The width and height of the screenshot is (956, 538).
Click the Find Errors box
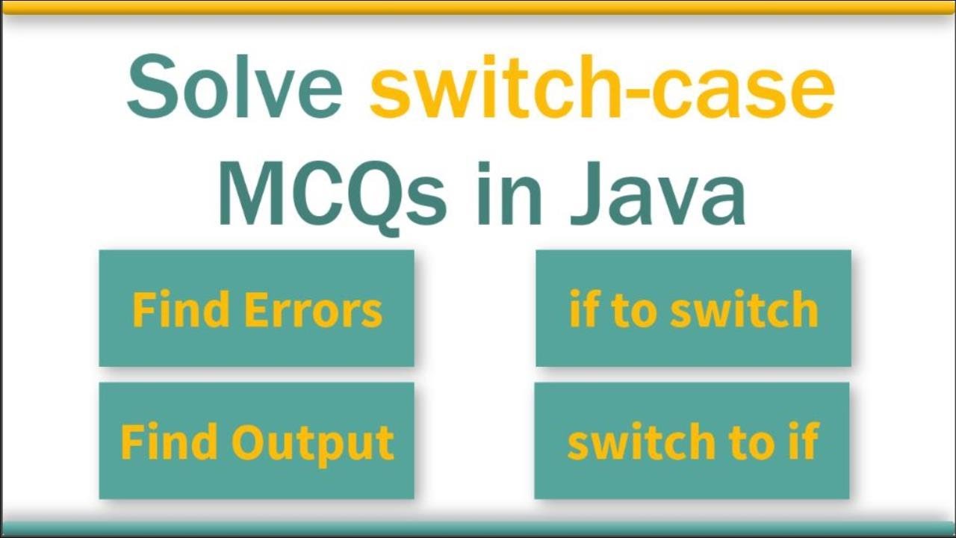point(256,308)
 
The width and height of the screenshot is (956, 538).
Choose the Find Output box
point(256,440)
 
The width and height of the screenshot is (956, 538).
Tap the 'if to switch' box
point(693,308)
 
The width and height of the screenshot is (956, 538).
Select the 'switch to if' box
point(692,440)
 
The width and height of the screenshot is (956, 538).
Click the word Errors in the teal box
point(313,309)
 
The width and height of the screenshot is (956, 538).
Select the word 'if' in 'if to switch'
point(583,309)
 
